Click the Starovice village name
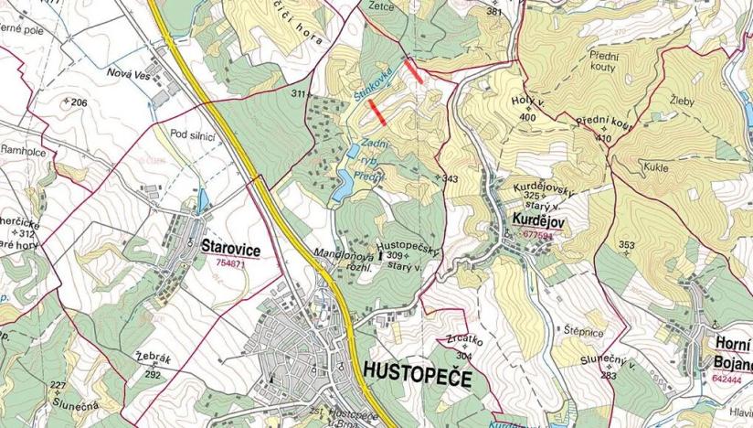pyautogui.click(x=228, y=248)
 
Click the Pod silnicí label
pyautogui.click(x=192, y=134)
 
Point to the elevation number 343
pyautogui.click(x=449, y=178)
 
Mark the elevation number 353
pyautogui.click(x=626, y=244)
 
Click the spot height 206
pyautogui.click(x=78, y=102)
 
